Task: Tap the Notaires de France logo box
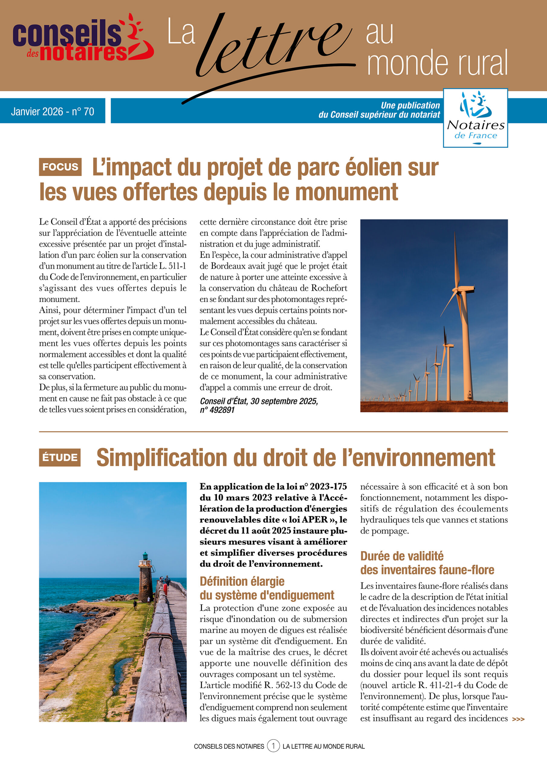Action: point(475,118)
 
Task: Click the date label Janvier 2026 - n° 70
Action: point(53,111)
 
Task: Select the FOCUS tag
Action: point(60,167)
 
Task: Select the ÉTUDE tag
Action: point(60,457)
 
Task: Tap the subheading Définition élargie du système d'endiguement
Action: point(267,588)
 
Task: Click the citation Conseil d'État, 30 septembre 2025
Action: point(258,401)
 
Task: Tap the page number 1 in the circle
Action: point(273,746)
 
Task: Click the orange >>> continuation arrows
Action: point(518,719)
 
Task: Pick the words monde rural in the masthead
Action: point(437,63)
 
